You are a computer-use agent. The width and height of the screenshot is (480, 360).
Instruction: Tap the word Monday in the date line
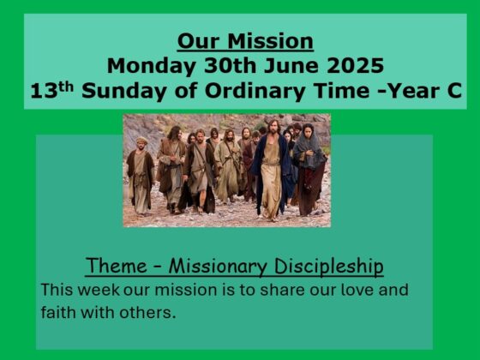(152, 66)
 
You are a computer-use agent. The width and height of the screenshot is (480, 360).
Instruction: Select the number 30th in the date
(230, 65)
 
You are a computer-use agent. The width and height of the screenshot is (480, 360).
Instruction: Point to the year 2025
(355, 65)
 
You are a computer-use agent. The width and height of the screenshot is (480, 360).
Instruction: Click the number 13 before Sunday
(44, 91)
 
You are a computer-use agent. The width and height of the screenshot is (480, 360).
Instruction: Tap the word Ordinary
(255, 91)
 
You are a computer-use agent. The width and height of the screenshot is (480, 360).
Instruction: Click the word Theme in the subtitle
(117, 266)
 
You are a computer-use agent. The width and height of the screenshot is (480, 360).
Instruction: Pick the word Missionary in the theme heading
(218, 267)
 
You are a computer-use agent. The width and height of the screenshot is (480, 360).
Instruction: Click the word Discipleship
(328, 267)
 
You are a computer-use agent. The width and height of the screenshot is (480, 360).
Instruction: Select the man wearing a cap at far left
(141, 176)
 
